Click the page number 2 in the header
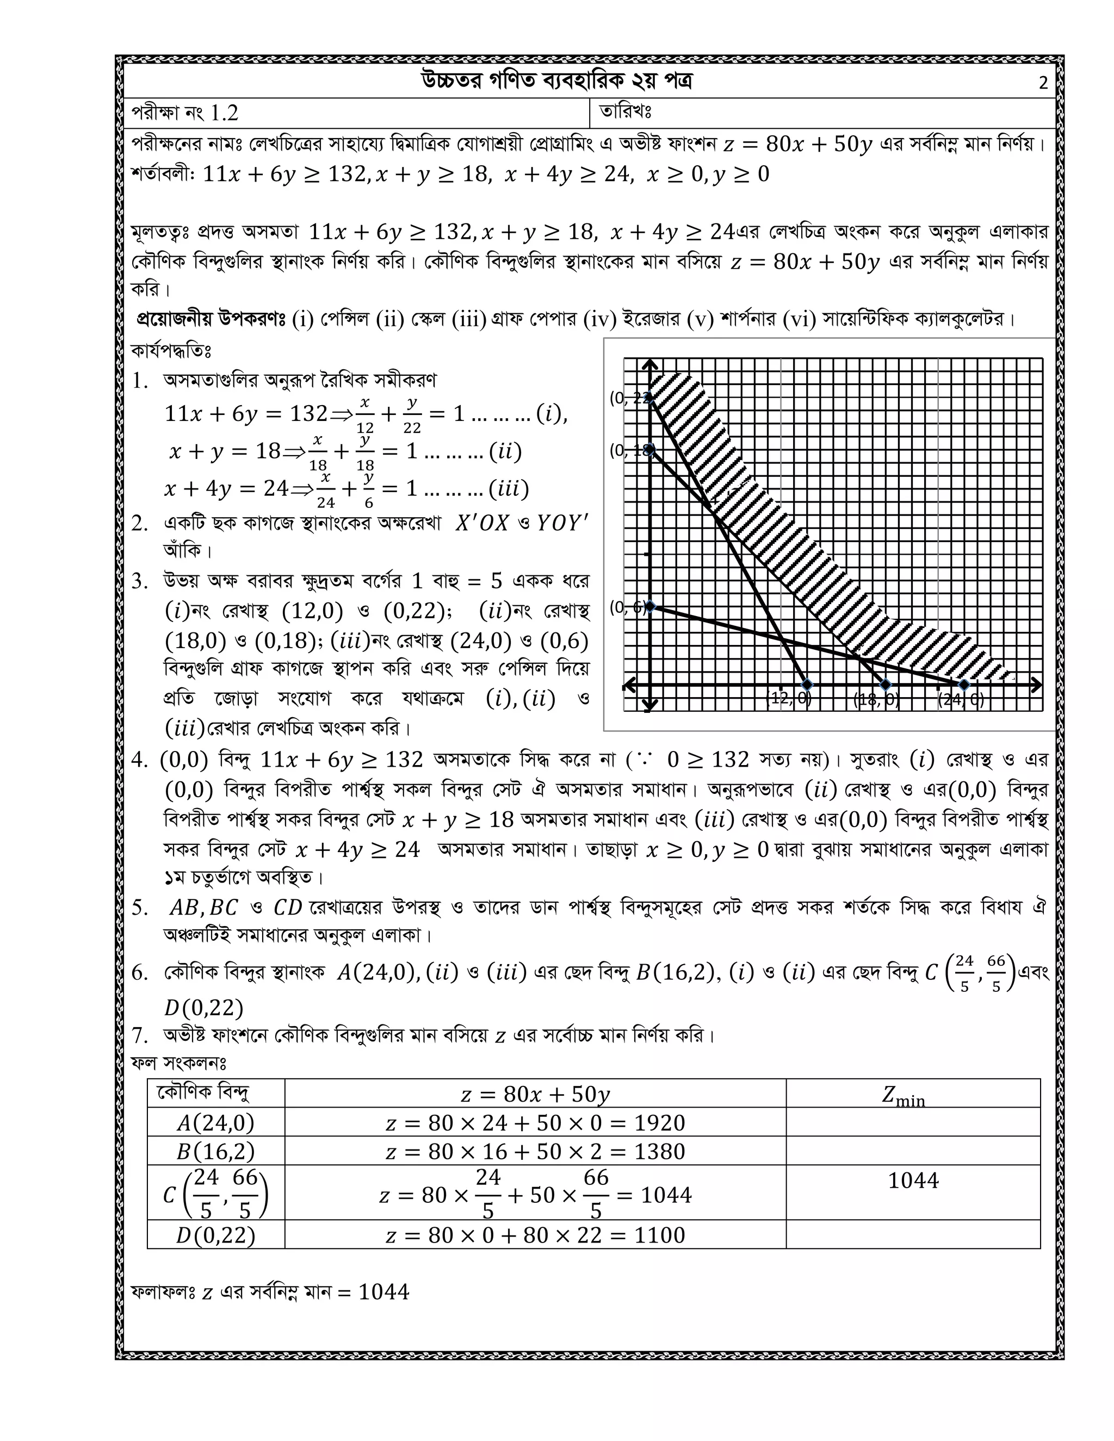point(1043,84)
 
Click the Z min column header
point(903,1095)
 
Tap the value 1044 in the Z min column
point(913,1181)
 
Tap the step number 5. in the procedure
point(140,909)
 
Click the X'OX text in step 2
point(482,523)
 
